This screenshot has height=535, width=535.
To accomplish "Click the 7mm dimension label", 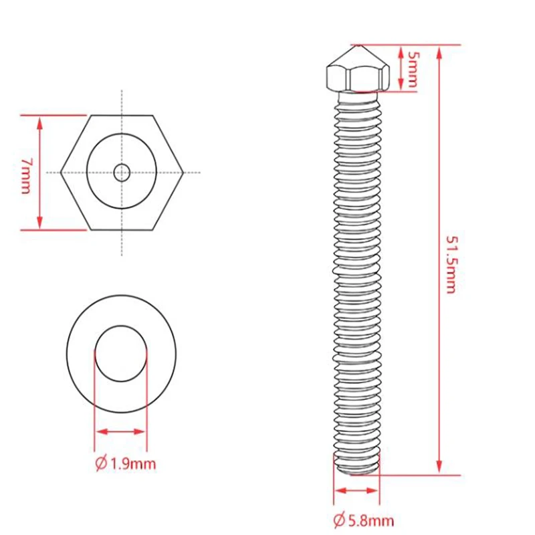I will point(25,176).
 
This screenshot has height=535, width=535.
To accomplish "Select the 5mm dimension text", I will point(412,68).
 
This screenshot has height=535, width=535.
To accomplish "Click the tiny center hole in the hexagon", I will point(122,173).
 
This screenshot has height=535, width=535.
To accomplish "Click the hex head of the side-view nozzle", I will point(358,78).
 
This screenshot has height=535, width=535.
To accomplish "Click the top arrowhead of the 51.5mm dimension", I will point(439,52).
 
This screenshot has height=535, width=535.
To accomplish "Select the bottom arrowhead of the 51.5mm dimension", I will point(439,467).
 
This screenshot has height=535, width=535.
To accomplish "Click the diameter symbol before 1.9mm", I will point(102,463).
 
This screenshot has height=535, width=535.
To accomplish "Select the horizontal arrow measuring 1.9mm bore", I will point(121,431).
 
